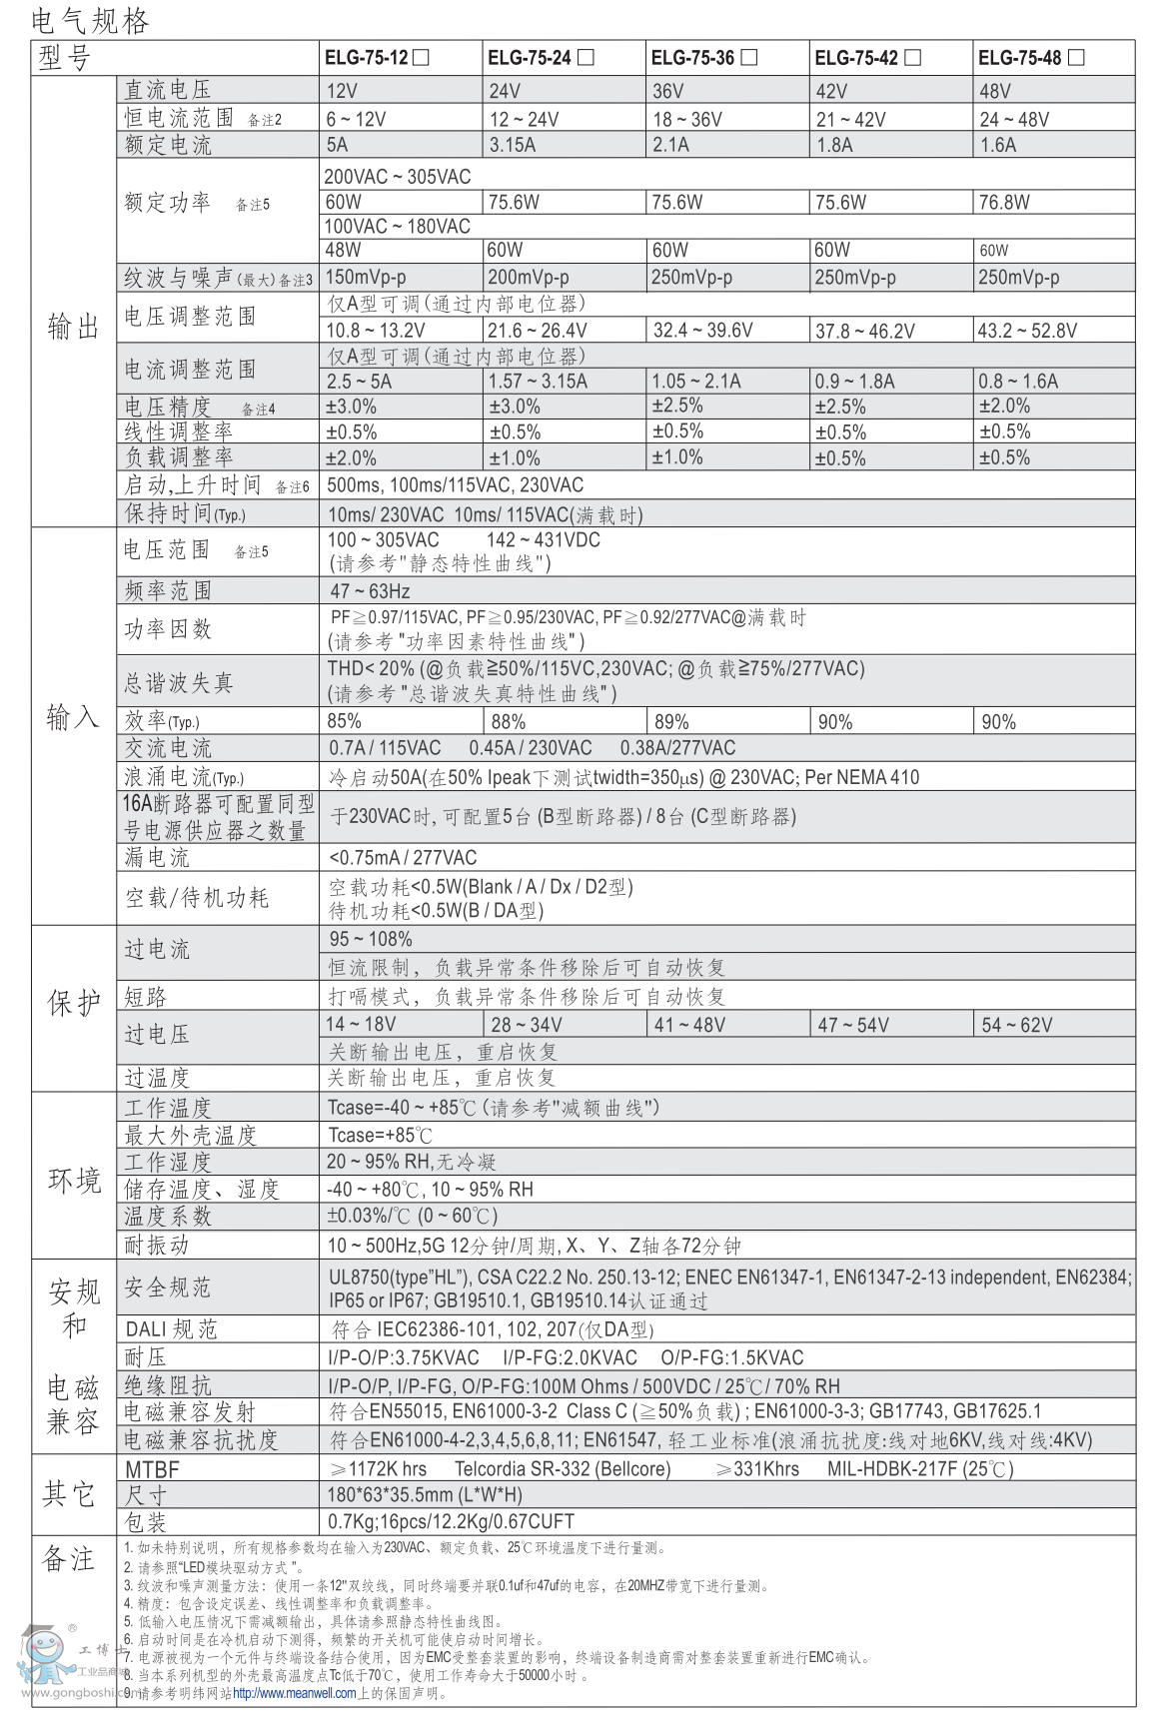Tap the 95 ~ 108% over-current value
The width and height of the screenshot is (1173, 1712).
point(371,940)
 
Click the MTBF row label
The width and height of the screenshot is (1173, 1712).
point(152,1469)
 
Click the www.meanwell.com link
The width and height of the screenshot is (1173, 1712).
point(294,1693)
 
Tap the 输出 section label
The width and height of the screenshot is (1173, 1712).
point(74,327)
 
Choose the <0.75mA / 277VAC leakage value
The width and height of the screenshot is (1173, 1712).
point(404,858)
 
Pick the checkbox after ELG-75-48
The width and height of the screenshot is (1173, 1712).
point(1076,58)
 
